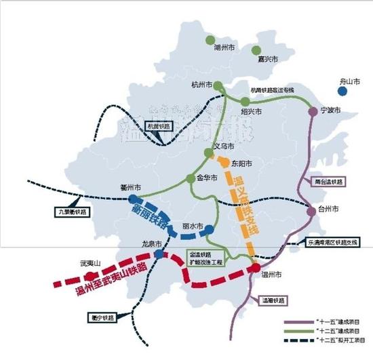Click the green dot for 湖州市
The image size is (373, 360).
click(211, 39)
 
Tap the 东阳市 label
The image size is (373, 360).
click(241, 164)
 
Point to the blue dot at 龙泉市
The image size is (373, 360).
click(158, 254)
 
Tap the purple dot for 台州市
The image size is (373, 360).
click(312, 211)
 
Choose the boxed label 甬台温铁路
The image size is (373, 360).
click(330, 182)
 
